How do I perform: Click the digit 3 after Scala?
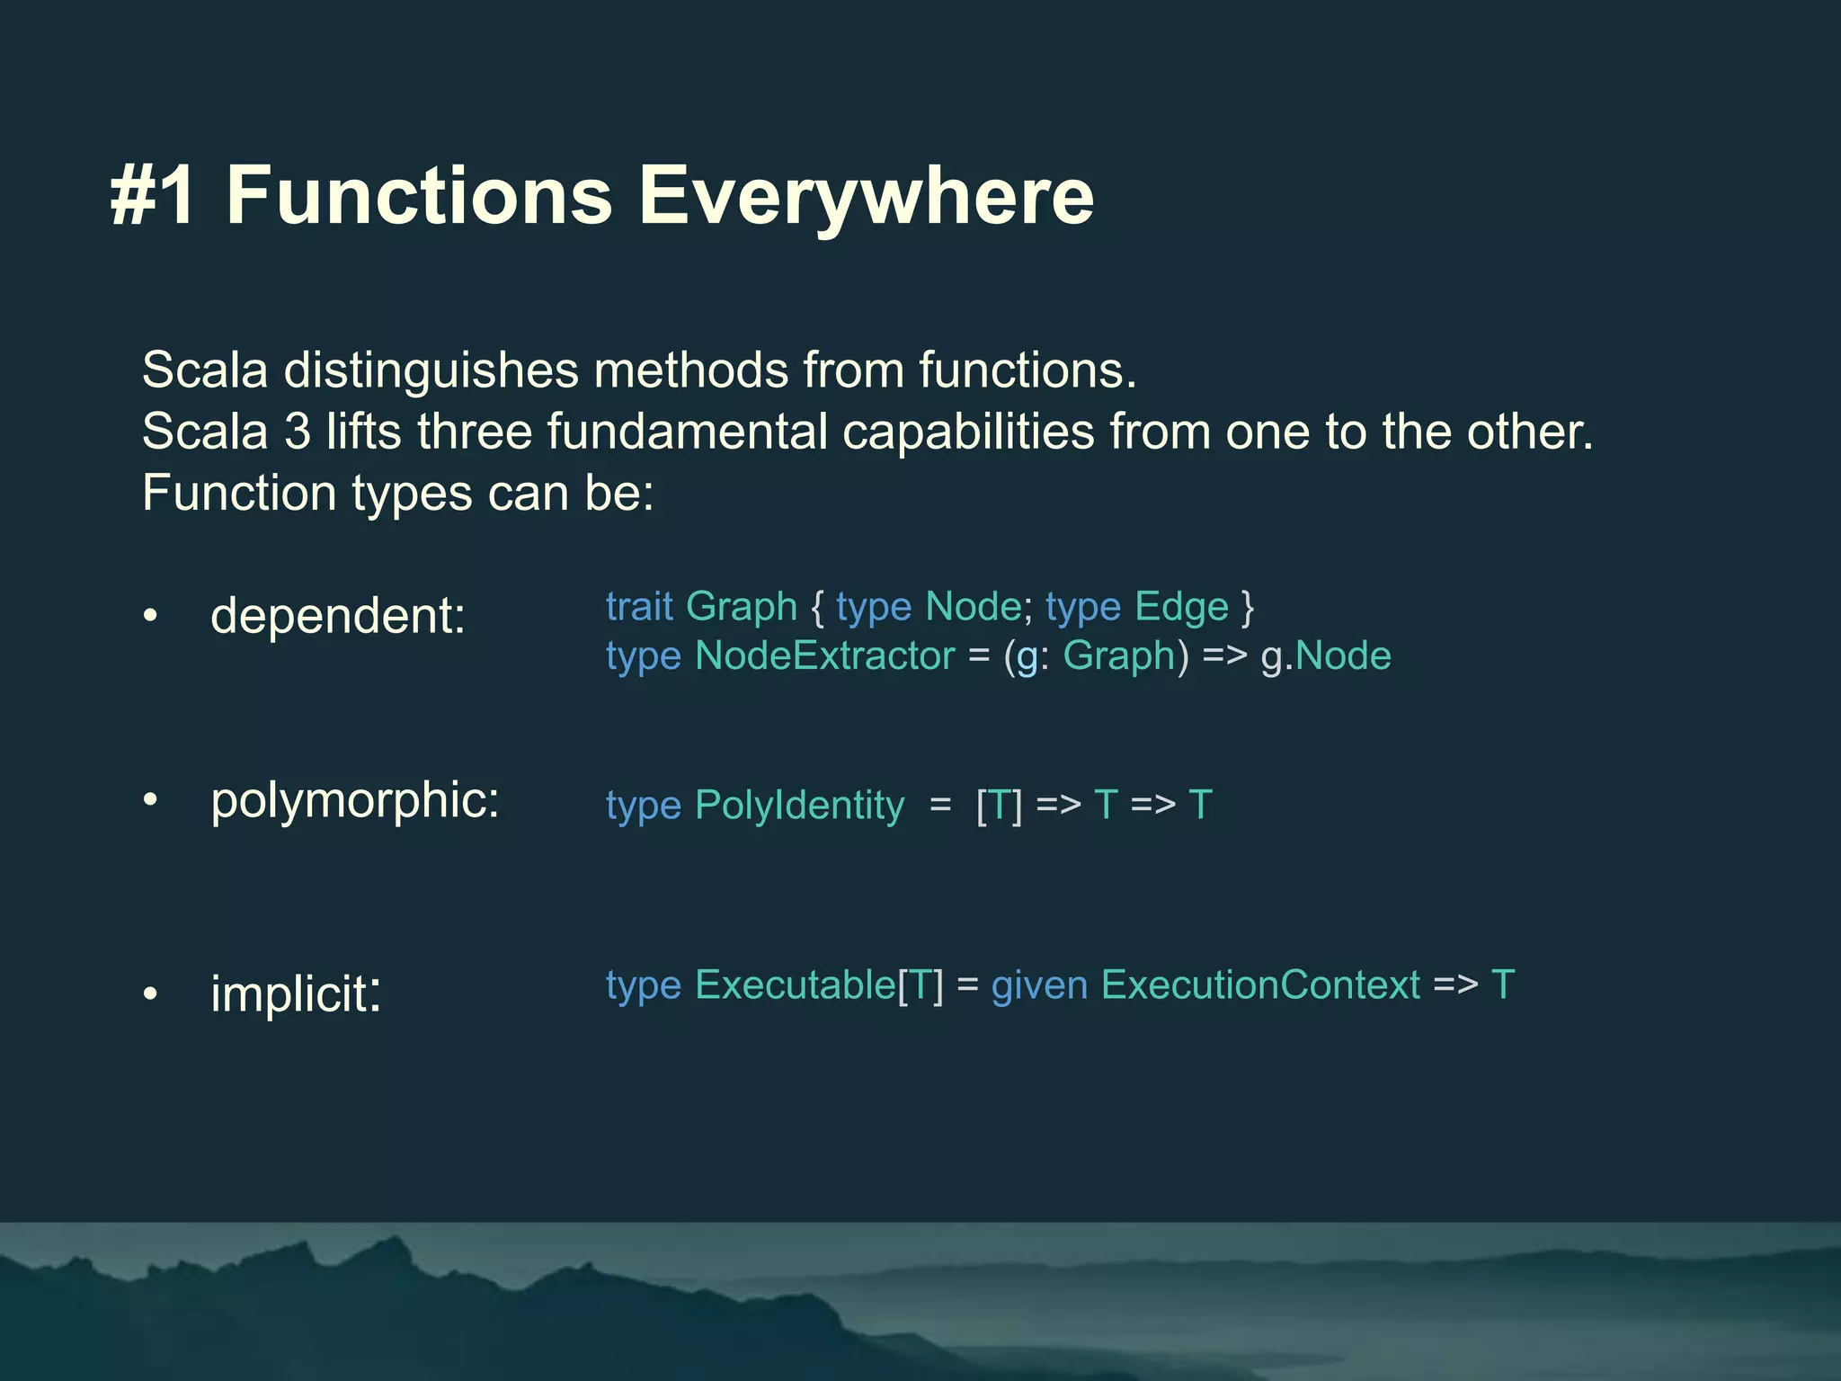[x=298, y=432]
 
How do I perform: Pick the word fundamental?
[x=687, y=432]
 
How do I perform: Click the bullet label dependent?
[x=338, y=616]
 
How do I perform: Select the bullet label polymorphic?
[x=355, y=800]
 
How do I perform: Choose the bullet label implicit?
[x=296, y=993]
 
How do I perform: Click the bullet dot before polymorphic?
[x=150, y=799]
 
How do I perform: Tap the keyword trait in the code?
[x=639, y=607]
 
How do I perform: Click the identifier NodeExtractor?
[x=824, y=656]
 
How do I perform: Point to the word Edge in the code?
[x=1181, y=607]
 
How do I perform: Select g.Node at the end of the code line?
[x=1326, y=656]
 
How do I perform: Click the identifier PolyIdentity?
[x=799, y=806]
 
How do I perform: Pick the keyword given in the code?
[x=1039, y=985]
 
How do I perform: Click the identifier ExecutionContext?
[x=1260, y=985]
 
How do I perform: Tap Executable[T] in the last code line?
[x=819, y=985]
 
